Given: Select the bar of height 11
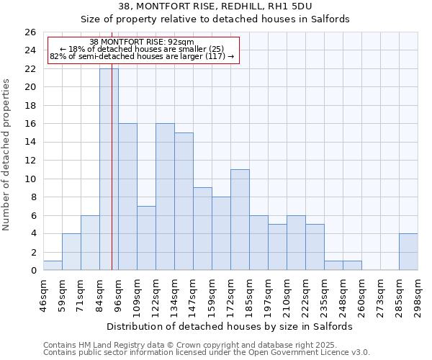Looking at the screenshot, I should pos(240,220).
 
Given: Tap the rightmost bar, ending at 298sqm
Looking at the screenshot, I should pos(408,252).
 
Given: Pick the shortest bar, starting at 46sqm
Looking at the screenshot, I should pos(53,266).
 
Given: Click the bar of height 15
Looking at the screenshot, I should pos(184,202).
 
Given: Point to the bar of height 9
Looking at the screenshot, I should pos(202,229).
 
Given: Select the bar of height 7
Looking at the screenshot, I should pos(146,238).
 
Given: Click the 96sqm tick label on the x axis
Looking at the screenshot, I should pos(118,292).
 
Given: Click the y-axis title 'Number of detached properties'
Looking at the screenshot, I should pos(7,154).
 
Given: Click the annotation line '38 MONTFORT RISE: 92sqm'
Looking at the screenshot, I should pos(142,42).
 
